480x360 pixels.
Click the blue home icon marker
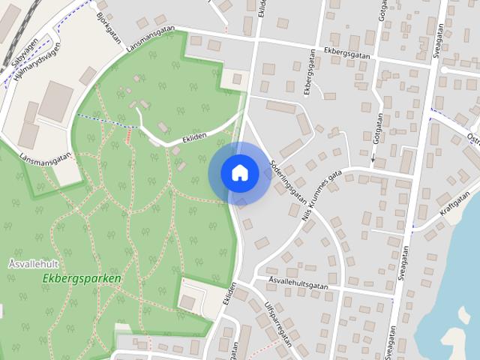(x=239, y=173)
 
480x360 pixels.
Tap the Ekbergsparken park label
(x=82, y=278)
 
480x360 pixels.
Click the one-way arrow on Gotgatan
(x=373, y=159)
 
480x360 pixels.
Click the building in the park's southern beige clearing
(x=187, y=301)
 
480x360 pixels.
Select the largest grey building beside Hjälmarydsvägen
(x=55, y=101)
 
